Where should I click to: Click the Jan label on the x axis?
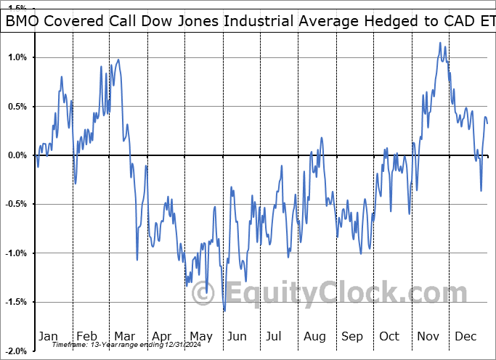coord(47,336)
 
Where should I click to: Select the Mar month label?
coord(124,336)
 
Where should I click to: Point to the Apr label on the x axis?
coord(163,336)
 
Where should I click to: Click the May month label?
coord(201,336)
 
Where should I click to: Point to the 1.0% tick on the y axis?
coord(17,57)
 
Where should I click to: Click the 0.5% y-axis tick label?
coord(17,107)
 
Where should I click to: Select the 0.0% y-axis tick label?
coord(17,155)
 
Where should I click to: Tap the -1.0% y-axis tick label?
coord(16,253)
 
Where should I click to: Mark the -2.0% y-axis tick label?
coord(16,351)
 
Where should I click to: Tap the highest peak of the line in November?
coord(439,43)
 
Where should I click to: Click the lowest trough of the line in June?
coord(224,311)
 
